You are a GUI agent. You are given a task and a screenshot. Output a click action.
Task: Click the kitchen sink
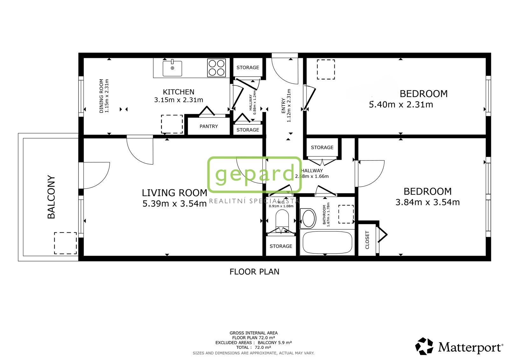[172, 68]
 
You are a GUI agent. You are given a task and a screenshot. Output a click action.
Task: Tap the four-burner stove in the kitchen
[217, 68]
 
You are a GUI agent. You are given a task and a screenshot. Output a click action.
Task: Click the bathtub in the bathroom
[327, 243]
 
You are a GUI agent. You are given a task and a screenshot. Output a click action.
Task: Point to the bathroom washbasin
[308, 218]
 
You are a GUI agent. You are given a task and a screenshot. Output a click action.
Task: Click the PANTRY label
[209, 126]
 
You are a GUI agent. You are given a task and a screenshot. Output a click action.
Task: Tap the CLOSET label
[367, 240]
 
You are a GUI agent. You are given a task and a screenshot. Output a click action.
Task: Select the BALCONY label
[51, 197]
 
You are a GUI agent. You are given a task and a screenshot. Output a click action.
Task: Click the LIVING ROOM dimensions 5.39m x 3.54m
[175, 203]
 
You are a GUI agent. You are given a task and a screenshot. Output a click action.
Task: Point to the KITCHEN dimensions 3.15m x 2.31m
[178, 100]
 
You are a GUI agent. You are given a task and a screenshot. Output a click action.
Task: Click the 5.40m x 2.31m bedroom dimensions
[401, 105]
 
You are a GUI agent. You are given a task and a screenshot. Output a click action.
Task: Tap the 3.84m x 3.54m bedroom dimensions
[428, 202]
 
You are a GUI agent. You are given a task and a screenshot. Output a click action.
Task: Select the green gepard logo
[254, 174]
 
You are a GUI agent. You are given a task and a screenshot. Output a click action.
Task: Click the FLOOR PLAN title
[254, 272]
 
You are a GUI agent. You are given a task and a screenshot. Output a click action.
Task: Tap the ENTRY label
[283, 106]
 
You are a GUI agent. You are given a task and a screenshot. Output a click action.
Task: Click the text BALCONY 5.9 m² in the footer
[275, 342]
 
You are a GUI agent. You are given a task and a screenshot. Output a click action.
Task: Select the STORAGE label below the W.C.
[281, 246]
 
